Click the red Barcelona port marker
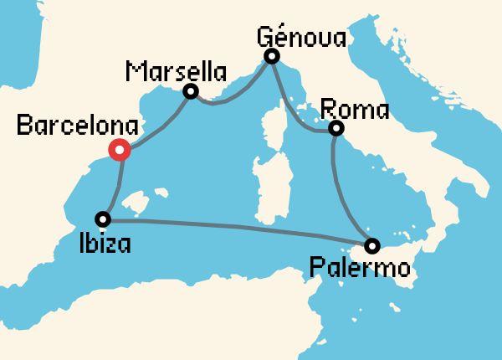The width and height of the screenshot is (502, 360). (119, 151)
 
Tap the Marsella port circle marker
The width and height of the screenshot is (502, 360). (191, 91)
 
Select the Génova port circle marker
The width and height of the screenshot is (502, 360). (271, 56)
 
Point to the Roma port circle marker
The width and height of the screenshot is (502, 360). (336, 128)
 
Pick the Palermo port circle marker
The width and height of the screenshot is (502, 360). (371, 245)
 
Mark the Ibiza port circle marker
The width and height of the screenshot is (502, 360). (103, 219)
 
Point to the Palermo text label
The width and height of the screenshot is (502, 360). (359, 269)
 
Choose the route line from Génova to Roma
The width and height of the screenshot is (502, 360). (293, 109)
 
